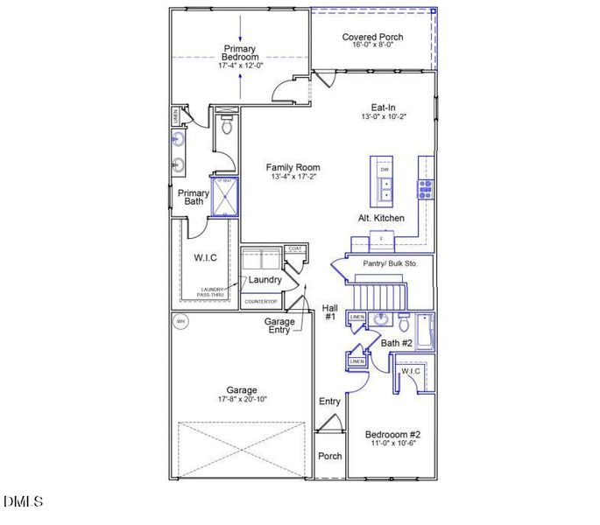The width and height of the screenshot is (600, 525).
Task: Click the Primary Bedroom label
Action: click(x=240, y=53)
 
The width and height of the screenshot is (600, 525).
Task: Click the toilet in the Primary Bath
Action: click(x=227, y=128)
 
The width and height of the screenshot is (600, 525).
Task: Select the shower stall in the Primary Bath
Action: click(x=224, y=195)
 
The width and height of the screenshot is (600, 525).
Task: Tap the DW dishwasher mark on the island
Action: click(x=384, y=169)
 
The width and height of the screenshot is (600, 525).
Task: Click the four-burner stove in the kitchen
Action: click(x=426, y=186)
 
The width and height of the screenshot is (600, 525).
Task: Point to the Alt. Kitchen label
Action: click(x=381, y=217)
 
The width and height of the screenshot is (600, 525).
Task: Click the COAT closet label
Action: click(x=294, y=249)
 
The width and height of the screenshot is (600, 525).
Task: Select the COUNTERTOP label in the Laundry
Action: click(x=260, y=302)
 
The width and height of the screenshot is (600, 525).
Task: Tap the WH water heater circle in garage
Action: click(x=180, y=321)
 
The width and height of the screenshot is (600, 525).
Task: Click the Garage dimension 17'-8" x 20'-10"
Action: click(x=242, y=400)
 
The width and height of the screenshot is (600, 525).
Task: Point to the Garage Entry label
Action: click(x=280, y=326)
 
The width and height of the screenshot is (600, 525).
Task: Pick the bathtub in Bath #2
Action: click(x=426, y=331)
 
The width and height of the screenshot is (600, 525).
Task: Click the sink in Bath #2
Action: click(x=381, y=319)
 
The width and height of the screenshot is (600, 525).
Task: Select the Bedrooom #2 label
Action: click(x=393, y=435)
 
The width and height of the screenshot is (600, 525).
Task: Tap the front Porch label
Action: click(x=329, y=456)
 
